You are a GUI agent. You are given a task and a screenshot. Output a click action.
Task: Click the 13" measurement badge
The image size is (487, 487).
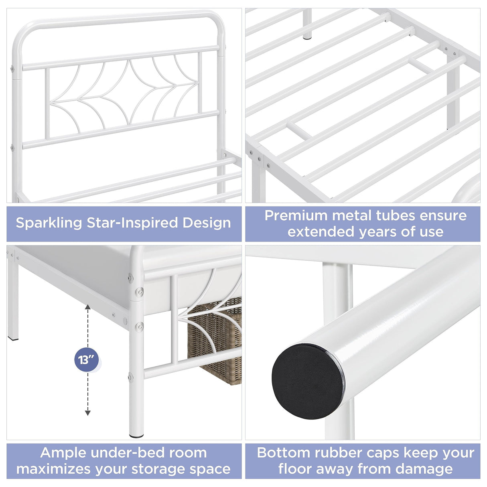click(86, 359)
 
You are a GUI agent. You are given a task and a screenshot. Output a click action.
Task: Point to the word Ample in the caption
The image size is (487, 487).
click(63, 453)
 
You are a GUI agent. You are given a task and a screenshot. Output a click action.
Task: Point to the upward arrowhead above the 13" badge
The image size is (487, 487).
click(87, 307)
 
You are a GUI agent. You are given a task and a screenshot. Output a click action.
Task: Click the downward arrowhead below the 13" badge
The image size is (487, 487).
click(87, 413)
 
